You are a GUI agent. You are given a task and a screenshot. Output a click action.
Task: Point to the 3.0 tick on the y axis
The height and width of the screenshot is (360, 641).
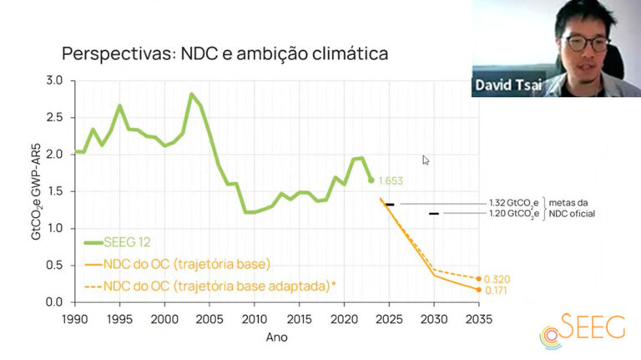55,81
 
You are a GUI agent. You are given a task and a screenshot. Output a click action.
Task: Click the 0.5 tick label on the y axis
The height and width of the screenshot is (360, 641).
55,266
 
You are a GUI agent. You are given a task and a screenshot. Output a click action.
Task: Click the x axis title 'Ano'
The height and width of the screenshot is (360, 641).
276,338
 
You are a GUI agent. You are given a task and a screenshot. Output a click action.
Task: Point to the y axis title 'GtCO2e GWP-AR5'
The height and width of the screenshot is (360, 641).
36,190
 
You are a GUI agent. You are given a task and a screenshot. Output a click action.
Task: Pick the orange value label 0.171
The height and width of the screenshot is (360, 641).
497,292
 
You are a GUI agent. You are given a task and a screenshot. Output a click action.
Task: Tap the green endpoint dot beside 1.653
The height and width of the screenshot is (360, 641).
371,180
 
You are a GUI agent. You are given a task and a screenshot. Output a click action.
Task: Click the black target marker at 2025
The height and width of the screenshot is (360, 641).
390,205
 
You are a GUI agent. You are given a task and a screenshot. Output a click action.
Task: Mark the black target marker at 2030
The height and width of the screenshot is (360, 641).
433,214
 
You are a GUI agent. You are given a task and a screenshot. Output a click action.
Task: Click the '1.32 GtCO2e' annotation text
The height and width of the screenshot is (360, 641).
512,203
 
